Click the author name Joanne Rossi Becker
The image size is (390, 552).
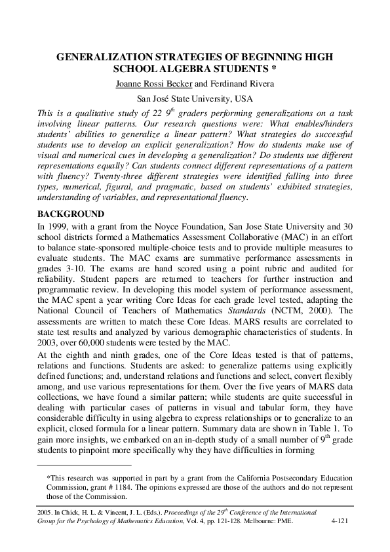coord(153,84)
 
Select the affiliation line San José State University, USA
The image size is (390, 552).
coord(195,99)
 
